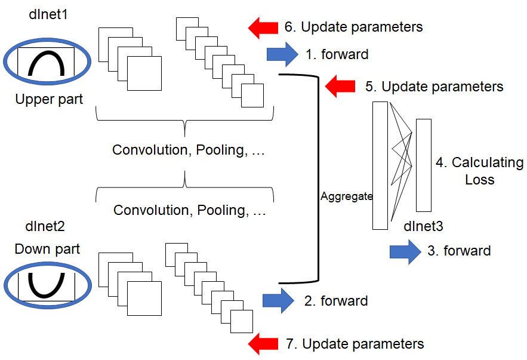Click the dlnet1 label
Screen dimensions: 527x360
point(48,14)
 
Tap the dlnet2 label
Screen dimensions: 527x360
point(45,226)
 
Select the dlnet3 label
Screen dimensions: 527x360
point(423,226)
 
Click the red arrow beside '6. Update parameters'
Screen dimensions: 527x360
point(263,27)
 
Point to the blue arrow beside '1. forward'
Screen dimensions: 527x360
point(282,54)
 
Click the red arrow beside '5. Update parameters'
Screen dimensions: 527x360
point(340,87)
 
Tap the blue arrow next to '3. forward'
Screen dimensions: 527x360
point(405,252)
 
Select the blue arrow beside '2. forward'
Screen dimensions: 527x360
point(278,300)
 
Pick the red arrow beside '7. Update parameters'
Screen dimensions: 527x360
point(263,344)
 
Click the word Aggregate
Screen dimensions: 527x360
point(346,196)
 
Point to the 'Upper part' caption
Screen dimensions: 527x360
point(49,99)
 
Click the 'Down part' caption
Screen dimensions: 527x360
point(47,249)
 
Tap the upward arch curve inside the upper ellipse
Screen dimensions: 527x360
point(47,53)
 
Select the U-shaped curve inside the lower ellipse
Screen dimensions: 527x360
point(47,296)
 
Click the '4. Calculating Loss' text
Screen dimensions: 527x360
point(480,171)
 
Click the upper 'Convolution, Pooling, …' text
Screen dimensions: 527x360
point(189,150)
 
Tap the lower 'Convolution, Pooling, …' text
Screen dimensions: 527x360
point(190,210)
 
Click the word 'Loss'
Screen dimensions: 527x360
point(480,180)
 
